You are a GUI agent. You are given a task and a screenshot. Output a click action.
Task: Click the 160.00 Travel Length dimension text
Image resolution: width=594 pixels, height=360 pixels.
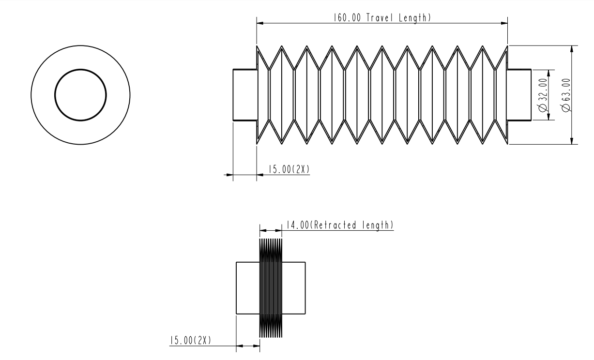[381, 18]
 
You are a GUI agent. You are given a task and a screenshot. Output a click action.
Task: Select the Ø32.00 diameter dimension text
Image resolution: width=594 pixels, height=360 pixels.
[543, 95]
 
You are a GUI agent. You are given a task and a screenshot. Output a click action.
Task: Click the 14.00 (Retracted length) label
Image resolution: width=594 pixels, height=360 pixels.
[339, 225]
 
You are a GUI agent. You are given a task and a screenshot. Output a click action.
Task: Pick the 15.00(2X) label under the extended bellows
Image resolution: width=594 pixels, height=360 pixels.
[286, 169]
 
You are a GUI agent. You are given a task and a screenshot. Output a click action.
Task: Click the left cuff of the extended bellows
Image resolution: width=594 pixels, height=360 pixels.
[245, 95]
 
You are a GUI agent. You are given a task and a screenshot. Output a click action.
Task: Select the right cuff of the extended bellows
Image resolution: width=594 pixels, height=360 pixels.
[519, 95]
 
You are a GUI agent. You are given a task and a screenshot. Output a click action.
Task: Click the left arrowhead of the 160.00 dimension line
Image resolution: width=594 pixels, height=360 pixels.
[259, 23]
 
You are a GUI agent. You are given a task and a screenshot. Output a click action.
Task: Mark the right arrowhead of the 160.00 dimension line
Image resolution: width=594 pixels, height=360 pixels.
[504, 23]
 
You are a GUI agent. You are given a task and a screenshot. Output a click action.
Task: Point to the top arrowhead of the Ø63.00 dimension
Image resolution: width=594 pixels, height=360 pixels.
[573, 48]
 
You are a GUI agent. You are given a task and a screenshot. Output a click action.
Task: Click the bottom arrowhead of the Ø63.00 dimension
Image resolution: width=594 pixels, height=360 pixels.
[573, 141]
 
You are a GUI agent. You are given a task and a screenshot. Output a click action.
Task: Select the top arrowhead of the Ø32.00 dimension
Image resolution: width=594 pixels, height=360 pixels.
[548, 72]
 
